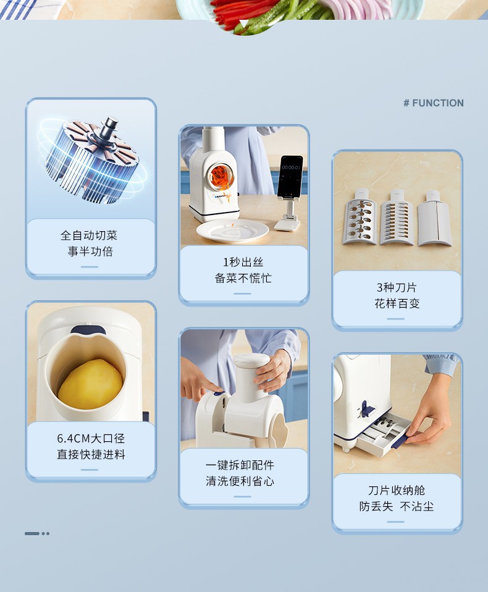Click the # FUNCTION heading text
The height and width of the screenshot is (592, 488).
pos(433,103)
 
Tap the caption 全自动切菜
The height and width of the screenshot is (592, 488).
pos(89,235)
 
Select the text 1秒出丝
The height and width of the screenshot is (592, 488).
pos(243,262)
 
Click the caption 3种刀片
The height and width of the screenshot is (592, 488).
pos(397,287)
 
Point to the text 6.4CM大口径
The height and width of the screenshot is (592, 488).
pos(91,438)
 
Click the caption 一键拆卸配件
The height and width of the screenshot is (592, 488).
pos(240,465)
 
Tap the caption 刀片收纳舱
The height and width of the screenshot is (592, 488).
pos(397,490)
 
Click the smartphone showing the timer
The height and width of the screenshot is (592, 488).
pos(290,176)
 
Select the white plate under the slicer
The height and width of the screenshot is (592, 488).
pos(232,230)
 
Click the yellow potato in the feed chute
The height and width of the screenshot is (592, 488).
pos(90,384)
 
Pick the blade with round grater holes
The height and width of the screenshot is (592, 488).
pos(360,218)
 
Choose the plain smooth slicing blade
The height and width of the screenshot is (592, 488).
pos(434,219)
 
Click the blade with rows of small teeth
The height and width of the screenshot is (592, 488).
pos(397,218)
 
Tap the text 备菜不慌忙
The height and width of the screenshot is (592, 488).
pos(243,278)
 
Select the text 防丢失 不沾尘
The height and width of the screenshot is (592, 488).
pos(397,506)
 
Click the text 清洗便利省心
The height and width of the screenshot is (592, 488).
pos(240,481)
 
